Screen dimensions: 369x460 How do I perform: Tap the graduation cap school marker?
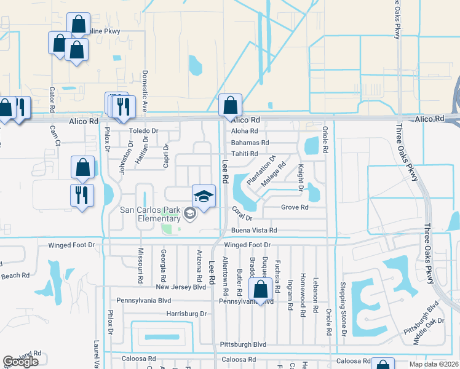(x=204, y=196)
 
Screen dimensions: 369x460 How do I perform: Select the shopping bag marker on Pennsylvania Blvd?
(x=261, y=290)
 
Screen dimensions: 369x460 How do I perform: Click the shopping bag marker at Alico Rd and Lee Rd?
(x=230, y=106)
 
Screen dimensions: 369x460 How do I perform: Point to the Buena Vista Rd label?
(x=254, y=231)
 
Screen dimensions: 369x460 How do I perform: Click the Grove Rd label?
(x=295, y=208)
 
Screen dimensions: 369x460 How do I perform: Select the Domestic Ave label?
(x=145, y=90)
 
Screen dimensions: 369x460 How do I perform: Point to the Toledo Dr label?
(x=144, y=131)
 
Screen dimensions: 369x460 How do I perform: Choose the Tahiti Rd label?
(x=244, y=154)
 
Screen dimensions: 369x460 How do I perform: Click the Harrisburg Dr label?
(x=186, y=314)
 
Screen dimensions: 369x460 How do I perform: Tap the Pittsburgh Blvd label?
(x=243, y=345)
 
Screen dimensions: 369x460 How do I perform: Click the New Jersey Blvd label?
(x=180, y=287)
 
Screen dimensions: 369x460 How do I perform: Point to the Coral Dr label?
(x=243, y=213)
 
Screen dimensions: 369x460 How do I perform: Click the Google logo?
(x=21, y=362)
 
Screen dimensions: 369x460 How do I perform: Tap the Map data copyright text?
(x=434, y=364)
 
